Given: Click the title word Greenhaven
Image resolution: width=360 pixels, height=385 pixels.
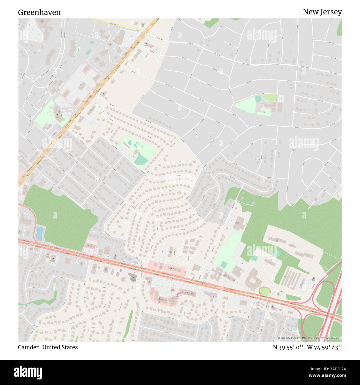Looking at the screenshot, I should (39, 12).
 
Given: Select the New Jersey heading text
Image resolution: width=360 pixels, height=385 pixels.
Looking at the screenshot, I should (322, 12).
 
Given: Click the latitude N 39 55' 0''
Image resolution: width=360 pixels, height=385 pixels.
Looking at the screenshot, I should (288, 347).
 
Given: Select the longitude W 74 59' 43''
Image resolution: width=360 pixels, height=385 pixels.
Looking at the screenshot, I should (324, 347).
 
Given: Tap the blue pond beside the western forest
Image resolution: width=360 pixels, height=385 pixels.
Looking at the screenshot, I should (40, 233).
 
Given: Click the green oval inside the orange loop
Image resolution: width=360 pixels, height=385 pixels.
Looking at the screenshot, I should (264, 291).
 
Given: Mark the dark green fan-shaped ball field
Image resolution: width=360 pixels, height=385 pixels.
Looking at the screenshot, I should (141, 160).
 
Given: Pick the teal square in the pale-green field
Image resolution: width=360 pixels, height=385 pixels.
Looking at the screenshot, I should (223, 265).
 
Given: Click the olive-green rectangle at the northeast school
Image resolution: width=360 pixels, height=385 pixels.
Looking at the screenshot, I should (269, 97).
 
